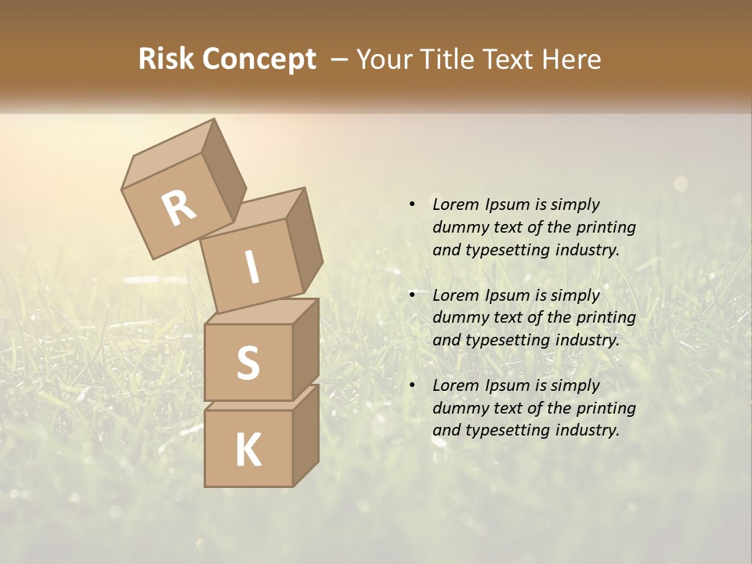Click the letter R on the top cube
click(179, 208)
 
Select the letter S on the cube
click(248, 363)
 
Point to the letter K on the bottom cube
click(248, 450)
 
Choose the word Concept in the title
click(258, 59)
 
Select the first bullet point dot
click(412, 204)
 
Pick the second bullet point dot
click(412, 295)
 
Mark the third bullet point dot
click(412, 385)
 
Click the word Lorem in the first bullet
click(455, 204)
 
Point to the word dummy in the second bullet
click(458, 318)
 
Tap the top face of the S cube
click(262, 311)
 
